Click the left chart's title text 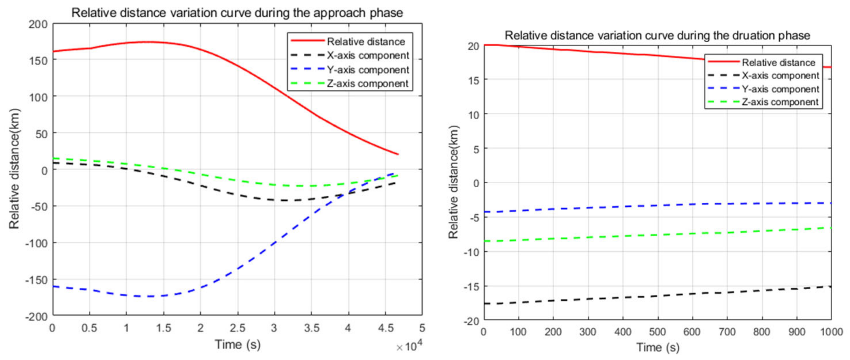point(237,13)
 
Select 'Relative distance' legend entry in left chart point(366,42)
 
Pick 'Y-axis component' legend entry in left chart point(367,70)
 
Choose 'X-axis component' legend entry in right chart point(780,76)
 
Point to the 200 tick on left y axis point(38,24)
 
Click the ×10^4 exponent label point(409,347)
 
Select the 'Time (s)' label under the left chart point(238,345)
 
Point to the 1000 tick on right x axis point(832,332)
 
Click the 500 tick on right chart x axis point(657,332)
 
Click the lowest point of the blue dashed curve point(149,296)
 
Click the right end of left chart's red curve point(398,154)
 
